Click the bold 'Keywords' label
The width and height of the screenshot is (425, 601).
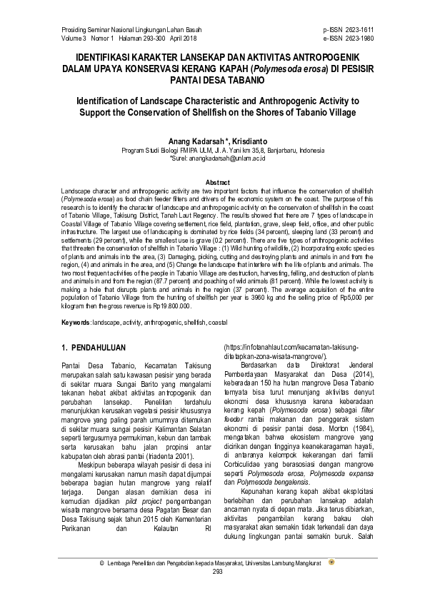click(x=74, y=323)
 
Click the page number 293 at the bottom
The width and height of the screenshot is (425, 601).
click(x=212, y=592)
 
